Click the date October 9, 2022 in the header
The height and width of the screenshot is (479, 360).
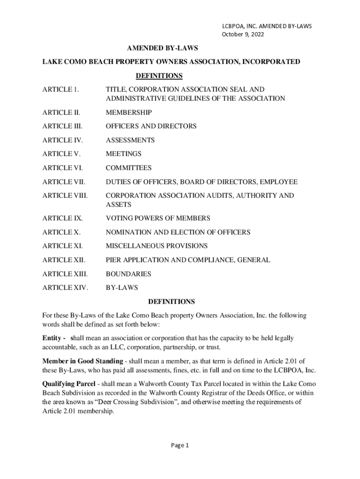(x=239, y=35)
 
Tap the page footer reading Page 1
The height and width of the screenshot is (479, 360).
(x=180, y=445)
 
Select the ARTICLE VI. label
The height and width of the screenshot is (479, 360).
(x=62, y=168)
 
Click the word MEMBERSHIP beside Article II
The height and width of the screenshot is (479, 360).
(x=129, y=113)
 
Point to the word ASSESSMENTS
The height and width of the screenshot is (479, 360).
(x=130, y=140)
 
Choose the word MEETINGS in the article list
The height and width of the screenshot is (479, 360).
(x=123, y=154)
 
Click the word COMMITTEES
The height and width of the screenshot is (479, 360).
(x=129, y=168)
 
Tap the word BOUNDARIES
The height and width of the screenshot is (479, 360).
(x=129, y=274)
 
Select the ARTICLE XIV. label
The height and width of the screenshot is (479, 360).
(x=65, y=288)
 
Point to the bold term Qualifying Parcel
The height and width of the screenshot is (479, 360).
(x=69, y=383)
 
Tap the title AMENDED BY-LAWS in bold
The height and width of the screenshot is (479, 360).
(x=163, y=48)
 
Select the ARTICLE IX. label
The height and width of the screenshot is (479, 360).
(x=62, y=218)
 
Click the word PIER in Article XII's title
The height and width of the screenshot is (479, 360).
(x=114, y=260)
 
